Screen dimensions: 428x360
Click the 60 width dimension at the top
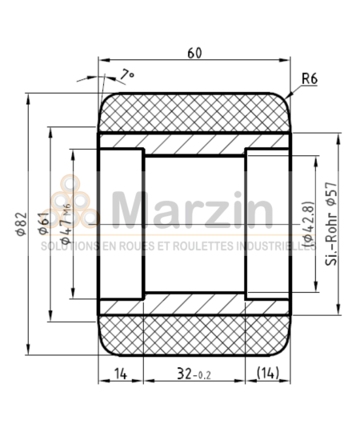(194, 53)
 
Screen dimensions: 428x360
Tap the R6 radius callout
(311, 79)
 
